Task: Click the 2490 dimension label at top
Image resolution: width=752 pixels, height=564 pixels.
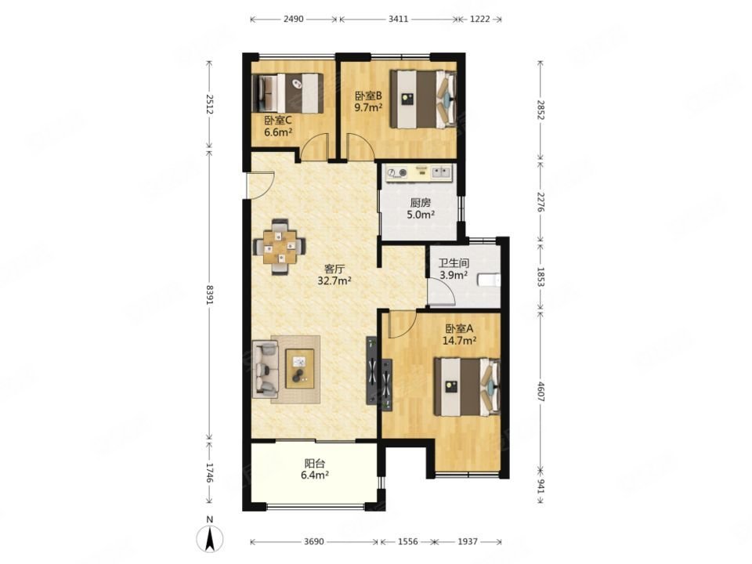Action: pos(294,19)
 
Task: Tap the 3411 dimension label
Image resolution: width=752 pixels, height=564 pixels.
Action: pos(398,19)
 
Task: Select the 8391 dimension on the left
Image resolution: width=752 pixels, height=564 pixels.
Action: pos(209,295)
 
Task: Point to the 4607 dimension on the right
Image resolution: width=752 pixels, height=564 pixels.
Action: pos(541,392)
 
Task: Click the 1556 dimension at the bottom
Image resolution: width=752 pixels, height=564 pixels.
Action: pos(407,541)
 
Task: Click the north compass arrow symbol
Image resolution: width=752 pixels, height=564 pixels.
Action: pos(210,537)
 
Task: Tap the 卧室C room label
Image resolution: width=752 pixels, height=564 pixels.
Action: pos(278,120)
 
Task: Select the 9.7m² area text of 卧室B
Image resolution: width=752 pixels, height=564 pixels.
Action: pos(368,107)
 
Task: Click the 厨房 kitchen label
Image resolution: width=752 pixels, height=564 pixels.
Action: pos(421,203)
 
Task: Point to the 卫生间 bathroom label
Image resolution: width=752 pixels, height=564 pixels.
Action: pos(454,263)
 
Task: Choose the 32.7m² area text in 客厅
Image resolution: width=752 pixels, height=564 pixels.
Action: pos(334,280)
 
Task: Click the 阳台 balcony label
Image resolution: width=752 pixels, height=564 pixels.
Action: pos(315,464)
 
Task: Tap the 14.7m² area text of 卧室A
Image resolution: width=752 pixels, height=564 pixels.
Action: pos(459,341)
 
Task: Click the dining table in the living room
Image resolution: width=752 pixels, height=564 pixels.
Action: pos(280,247)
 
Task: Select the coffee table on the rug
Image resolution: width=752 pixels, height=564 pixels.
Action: pos(300,368)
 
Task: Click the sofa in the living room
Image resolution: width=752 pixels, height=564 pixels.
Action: pos(266,369)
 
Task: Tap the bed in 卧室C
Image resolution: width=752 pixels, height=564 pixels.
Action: pos(287,93)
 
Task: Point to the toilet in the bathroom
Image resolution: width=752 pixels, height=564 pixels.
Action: pos(489,279)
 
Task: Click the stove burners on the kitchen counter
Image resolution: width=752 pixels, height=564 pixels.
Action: pos(397,172)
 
